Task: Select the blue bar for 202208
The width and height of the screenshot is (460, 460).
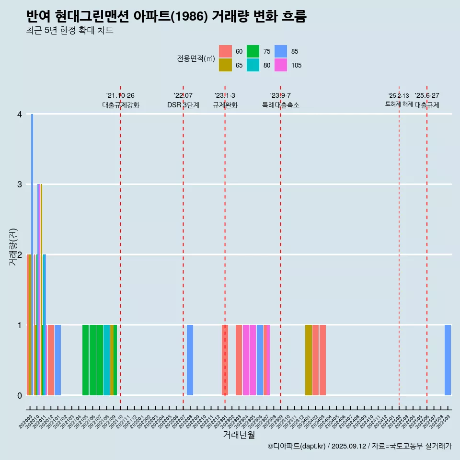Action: (190, 360)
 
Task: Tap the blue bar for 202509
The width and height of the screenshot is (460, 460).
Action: (448, 360)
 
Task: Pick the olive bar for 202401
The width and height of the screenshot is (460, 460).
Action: (309, 360)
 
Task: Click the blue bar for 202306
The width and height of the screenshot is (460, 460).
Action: (260, 360)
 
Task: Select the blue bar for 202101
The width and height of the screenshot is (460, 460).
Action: (57, 360)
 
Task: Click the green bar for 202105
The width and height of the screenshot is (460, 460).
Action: (86, 360)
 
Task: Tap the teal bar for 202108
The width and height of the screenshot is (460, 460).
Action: (106, 360)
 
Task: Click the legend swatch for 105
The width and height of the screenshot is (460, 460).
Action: (280, 65)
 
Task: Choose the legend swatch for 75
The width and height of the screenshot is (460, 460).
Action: (253, 52)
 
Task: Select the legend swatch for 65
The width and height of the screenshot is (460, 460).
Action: (225, 65)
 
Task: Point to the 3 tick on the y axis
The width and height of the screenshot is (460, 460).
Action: (20, 184)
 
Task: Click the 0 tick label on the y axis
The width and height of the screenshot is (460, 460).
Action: (20, 395)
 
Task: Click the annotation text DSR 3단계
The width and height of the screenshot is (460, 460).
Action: (183, 105)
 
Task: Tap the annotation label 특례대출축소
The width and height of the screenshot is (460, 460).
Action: (281, 105)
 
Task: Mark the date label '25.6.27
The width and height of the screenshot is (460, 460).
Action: (427, 96)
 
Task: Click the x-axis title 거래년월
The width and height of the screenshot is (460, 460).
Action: (239, 435)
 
